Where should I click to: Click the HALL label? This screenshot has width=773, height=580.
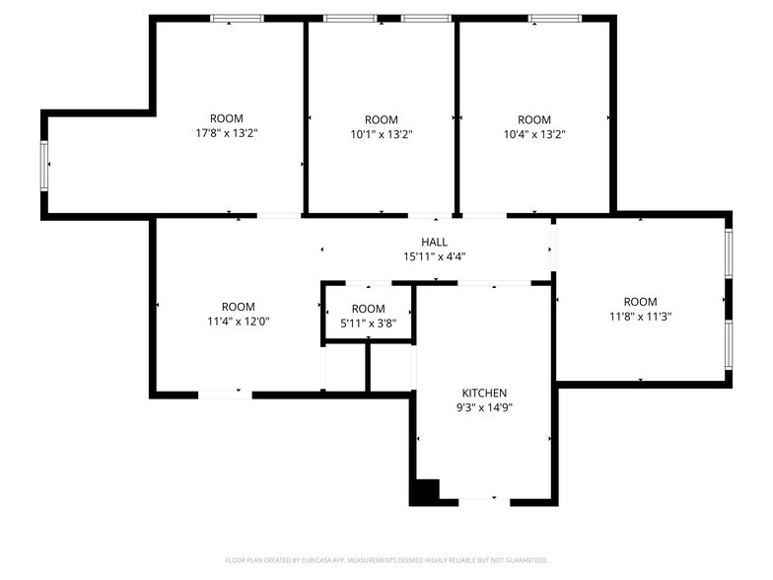pos(434,242)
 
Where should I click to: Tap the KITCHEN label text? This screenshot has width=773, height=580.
pos(483,392)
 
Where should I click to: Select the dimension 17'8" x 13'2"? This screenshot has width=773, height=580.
pos(226,133)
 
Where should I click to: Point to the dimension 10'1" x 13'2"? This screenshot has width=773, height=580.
pos(381,134)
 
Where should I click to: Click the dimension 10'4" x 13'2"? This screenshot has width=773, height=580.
pos(534,134)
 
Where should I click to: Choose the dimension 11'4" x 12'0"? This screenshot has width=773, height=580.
pos(238,322)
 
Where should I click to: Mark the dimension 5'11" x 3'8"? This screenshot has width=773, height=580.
pos(368,324)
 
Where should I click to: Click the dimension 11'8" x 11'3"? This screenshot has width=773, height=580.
pos(640,317)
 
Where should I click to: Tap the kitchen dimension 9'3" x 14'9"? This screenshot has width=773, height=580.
pos(483,406)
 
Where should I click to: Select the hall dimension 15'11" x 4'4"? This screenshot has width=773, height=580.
pos(434,256)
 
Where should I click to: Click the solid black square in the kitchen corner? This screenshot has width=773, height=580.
pos(425,490)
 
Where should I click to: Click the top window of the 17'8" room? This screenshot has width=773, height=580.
pos(237,18)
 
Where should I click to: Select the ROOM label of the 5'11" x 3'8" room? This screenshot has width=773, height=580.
pos(368,309)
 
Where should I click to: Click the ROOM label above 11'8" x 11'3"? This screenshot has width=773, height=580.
pos(640,302)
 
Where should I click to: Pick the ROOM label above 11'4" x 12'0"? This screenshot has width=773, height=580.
pos(238,307)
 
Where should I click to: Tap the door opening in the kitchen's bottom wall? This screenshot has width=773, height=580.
pos(483,501)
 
